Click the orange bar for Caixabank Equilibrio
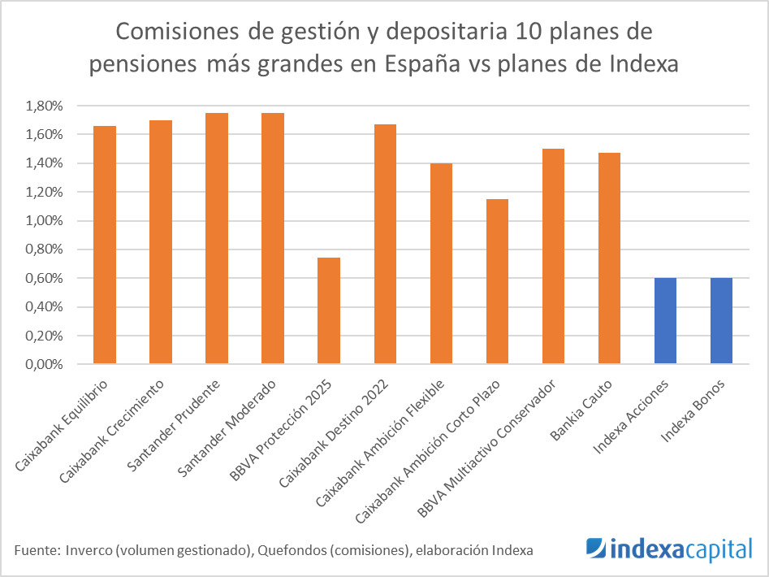click(105, 245)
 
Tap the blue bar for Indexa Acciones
click(665, 321)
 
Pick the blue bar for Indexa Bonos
click(721, 321)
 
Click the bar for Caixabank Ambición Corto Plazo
click(497, 281)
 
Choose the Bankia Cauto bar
click(609, 258)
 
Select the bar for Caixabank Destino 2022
click(385, 244)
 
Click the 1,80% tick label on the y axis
click(45, 106)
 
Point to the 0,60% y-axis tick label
click(45, 278)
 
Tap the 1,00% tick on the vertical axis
click(45, 221)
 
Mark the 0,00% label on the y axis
click(45, 364)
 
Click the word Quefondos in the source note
click(288, 550)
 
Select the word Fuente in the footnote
click(34, 550)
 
